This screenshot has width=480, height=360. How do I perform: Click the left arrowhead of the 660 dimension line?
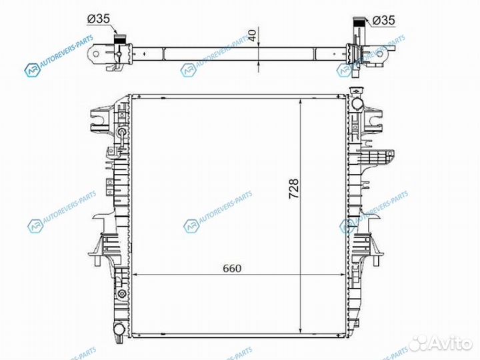click(137, 275)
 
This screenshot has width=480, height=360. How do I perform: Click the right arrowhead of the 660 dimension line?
click(343, 275)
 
